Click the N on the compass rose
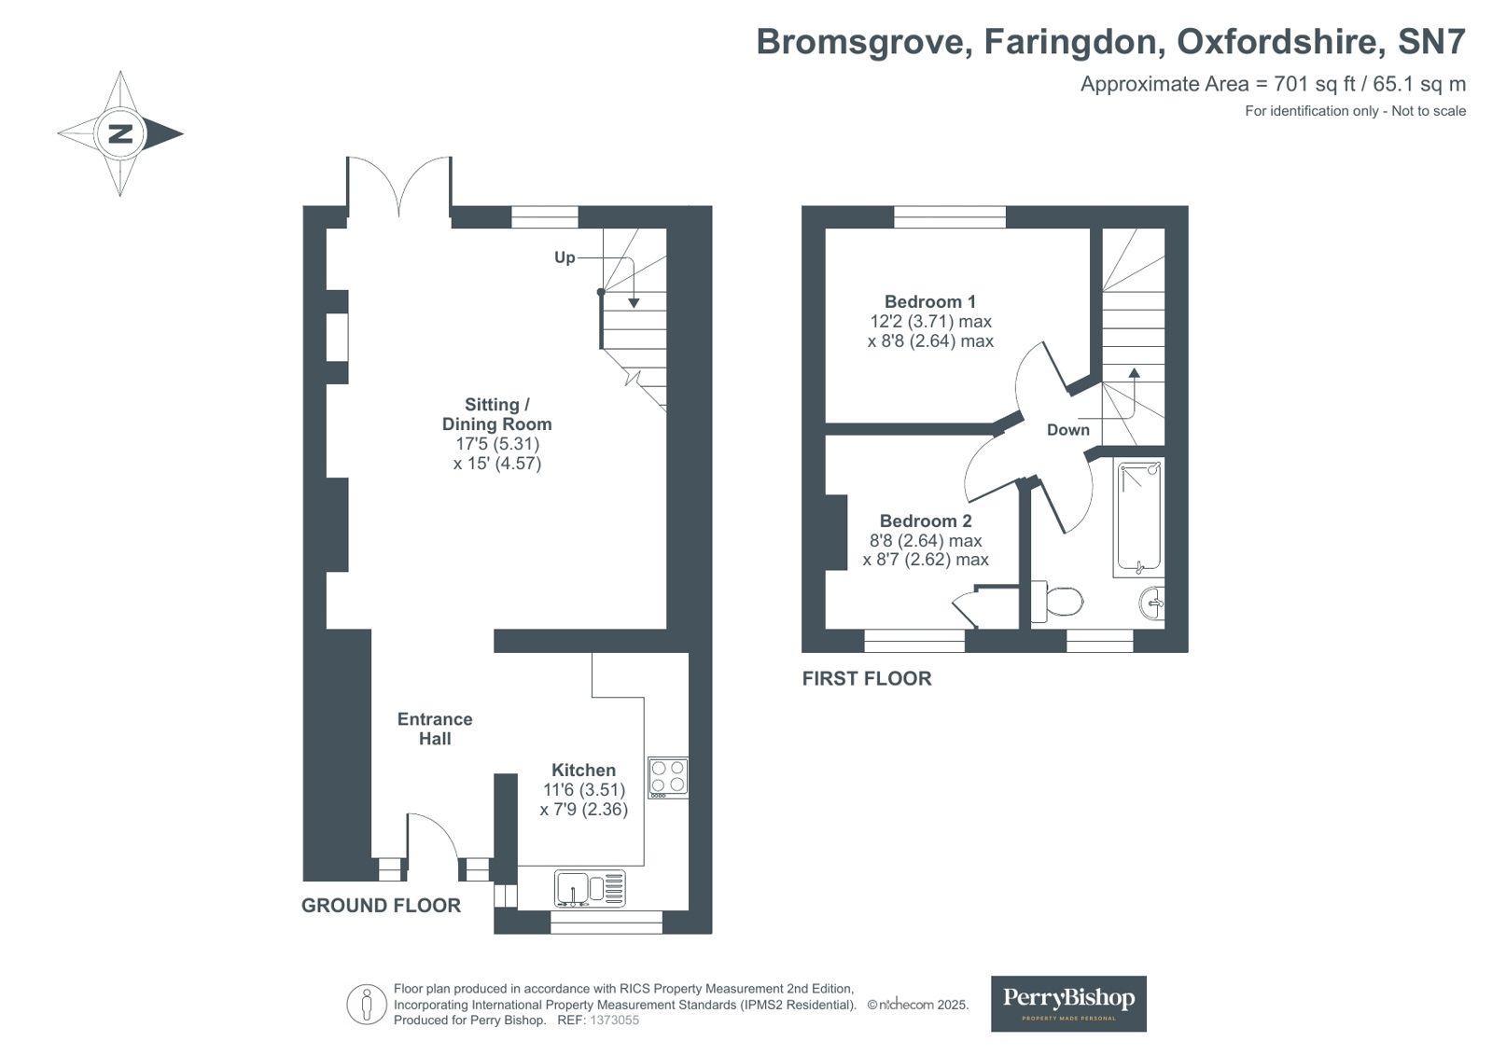120,133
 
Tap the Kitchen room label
583,770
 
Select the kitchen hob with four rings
668,777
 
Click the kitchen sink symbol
590,888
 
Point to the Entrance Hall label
435,729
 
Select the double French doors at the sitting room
399,187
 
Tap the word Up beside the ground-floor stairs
565,257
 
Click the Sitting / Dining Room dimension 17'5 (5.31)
497,444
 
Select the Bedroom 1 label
929,301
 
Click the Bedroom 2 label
926,521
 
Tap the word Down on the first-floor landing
1067,430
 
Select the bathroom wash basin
1151,603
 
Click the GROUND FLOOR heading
381,905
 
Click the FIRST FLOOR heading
867,678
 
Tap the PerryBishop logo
1067,1003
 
